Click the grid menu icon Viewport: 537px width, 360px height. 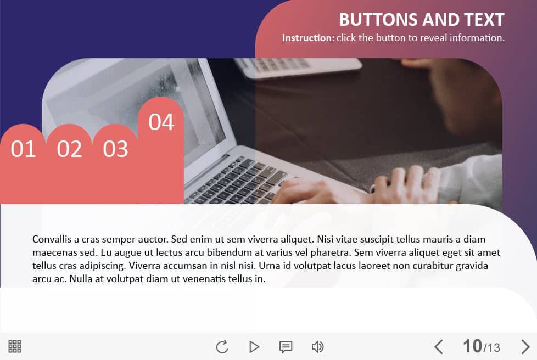[15, 346]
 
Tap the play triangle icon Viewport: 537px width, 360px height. [254, 347]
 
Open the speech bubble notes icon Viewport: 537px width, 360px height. [286, 347]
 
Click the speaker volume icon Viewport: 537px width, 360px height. [317, 347]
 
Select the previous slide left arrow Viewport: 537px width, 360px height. [439, 347]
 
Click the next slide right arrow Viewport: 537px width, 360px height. [525, 347]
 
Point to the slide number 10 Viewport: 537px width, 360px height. [472, 346]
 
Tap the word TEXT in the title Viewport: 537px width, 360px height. [484, 20]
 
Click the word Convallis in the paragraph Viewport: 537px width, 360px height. [52, 239]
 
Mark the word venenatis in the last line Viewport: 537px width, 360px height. [204, 279]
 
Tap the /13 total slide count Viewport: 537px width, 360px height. [491, 348]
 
